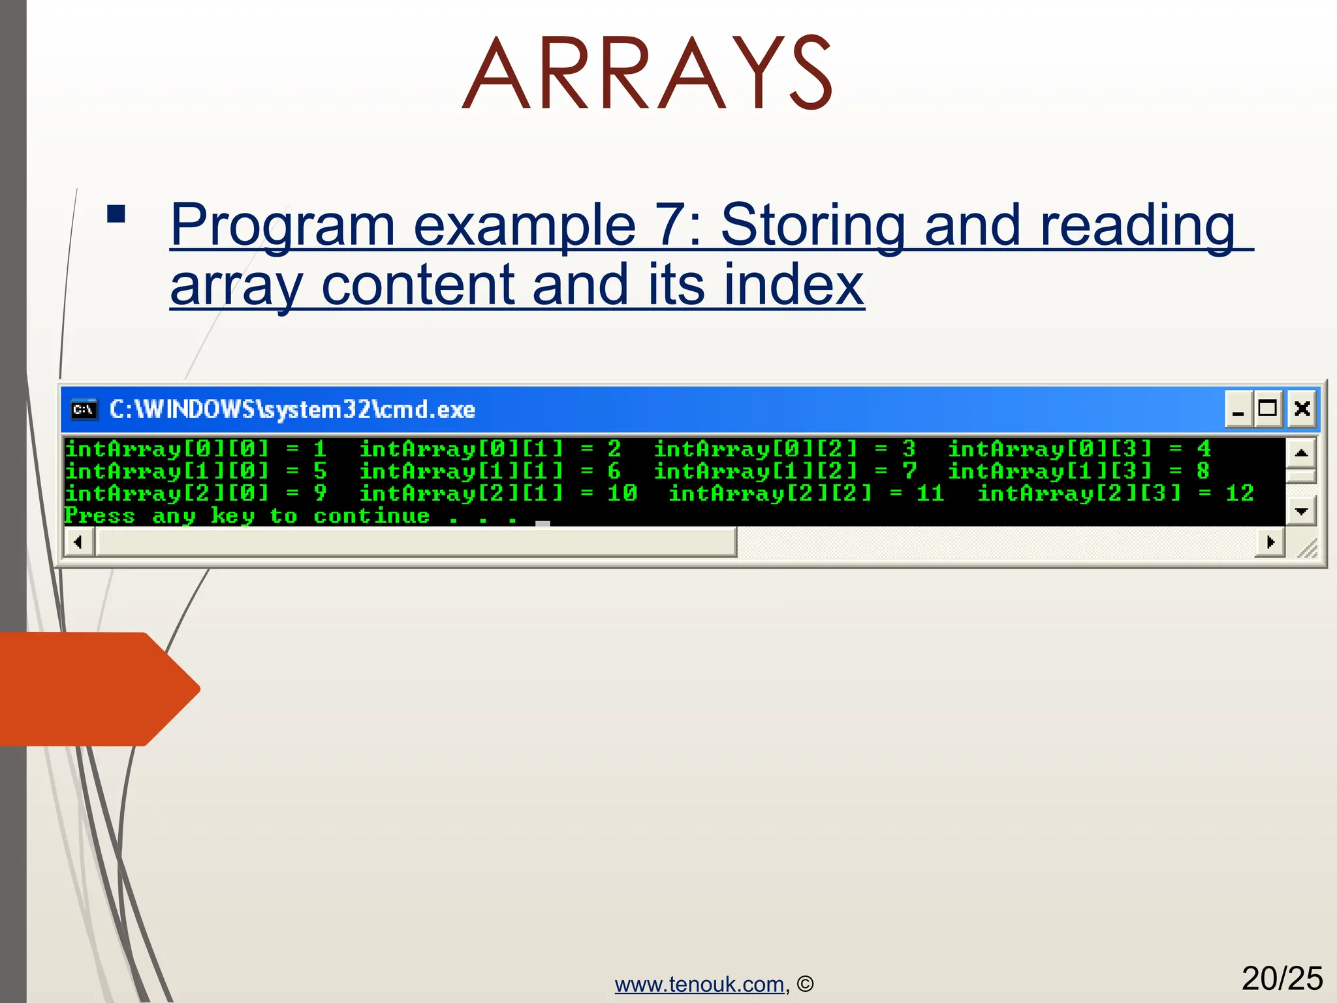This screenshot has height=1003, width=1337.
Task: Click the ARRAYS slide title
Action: coord(646,73)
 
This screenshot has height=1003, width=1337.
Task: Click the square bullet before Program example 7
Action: coord(116,214)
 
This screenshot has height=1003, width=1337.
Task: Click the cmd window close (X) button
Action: coord(1302,409)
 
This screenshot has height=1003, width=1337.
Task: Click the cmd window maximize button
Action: coord(1268,409)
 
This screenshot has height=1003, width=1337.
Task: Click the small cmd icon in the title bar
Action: coord(84,409)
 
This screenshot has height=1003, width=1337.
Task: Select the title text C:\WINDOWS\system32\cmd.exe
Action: coord(292,409)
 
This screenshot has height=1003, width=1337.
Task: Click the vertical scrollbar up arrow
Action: coord(1301,453)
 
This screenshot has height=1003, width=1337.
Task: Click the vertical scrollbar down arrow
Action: coord(1301,511)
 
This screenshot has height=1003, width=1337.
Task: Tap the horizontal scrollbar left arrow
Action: coord(78,542)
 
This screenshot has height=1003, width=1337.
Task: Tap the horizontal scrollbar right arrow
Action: coord(1270,542)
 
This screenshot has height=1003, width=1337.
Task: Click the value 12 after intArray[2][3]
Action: coord(1239,493)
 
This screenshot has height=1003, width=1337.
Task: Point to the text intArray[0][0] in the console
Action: coord(167,449)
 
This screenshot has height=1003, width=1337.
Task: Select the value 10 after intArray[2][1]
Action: coord(621,493)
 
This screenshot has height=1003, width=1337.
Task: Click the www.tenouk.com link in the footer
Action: coord(699,984)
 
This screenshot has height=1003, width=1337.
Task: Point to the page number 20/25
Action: coord(1282,978)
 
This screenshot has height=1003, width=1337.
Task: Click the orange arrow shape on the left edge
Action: coord(98,689)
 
